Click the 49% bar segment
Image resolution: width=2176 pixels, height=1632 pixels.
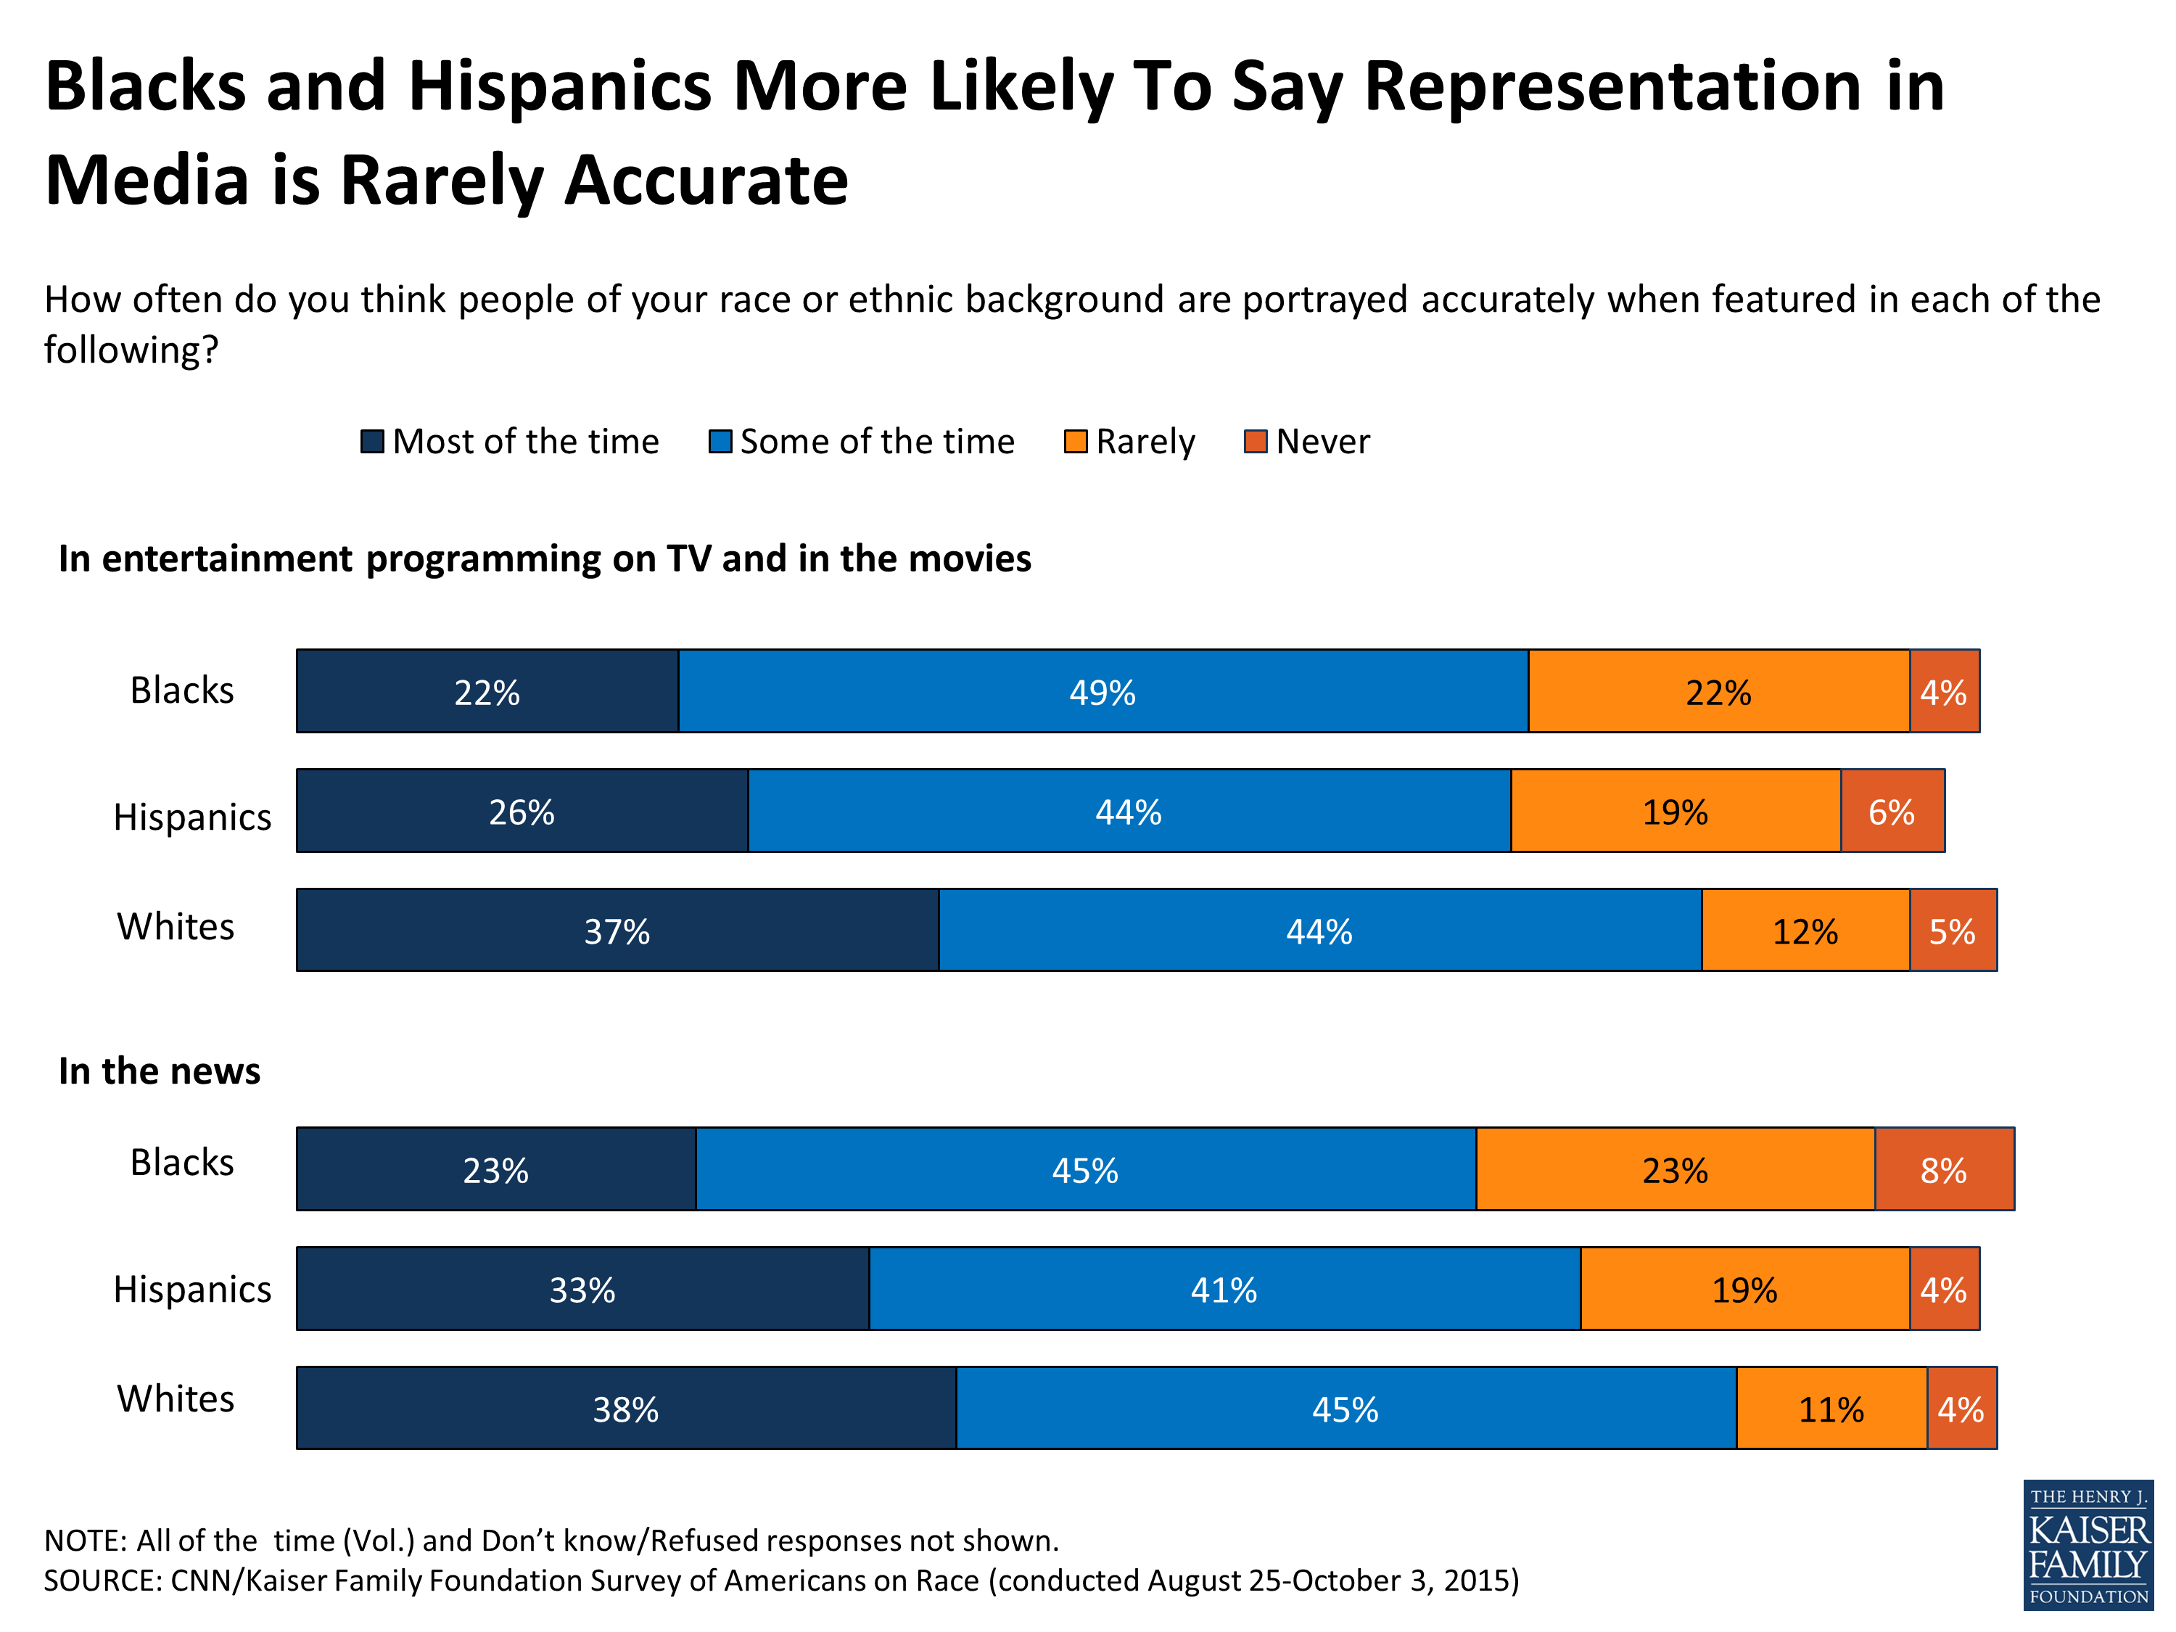(1103, 691)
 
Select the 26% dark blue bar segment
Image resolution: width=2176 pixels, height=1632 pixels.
(522, 812)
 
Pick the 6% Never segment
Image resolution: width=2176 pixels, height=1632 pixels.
(1892, 812)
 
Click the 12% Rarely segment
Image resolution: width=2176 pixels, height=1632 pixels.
(1805, 931)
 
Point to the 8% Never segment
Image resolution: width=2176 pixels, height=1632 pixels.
(1944, 1170)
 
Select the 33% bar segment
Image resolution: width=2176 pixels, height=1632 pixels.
(582, 1289)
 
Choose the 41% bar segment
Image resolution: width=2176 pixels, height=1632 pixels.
(1224, 1289)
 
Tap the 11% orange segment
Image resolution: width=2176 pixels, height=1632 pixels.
(1831, 1409)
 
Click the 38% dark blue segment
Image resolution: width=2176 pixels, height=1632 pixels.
(626, 1409)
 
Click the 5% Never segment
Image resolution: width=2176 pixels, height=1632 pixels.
(1953, 931)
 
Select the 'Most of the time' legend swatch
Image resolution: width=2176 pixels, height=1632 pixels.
(372, 442)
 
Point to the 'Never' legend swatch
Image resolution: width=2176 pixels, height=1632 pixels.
(1256, 442)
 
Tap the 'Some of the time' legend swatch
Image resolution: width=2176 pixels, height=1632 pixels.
(720, 442)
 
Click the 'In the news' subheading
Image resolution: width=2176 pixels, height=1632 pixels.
(160, 1071)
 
